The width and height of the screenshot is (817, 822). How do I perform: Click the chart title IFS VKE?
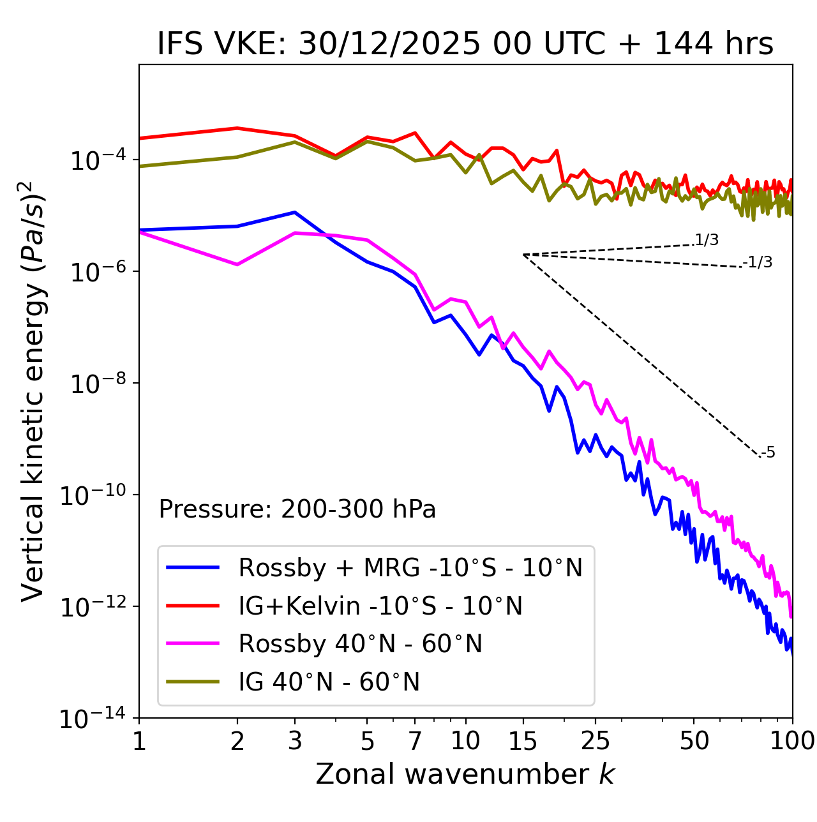465,45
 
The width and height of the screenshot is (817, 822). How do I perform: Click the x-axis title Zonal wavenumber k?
465,773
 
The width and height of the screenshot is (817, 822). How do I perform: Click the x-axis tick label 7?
415,741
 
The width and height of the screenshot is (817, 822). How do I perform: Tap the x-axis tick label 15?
523,741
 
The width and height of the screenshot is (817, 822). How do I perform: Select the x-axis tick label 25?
596,741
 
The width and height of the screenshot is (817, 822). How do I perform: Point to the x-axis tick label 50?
694,741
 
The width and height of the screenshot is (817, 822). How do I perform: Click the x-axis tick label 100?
791,741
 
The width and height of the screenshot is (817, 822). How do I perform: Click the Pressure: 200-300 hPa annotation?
297,509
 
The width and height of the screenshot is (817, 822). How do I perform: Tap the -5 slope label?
768,453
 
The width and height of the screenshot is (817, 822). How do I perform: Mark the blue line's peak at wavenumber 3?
294,212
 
